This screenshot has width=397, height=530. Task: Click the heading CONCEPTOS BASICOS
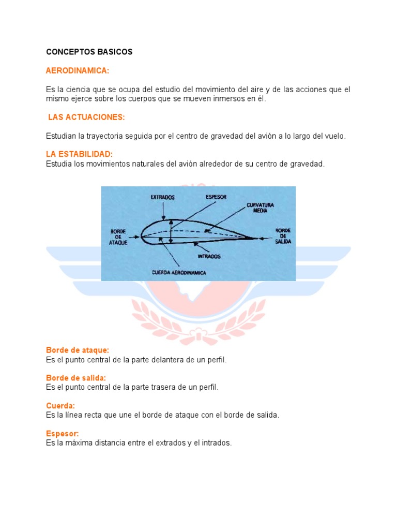(x=89, y=52)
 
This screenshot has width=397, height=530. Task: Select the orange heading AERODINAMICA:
(x=78, y=70)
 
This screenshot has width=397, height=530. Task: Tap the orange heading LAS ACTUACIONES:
(x=86, y=117)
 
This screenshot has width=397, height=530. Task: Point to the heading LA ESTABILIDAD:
(x=79, y=154)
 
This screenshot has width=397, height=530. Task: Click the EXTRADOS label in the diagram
(x=163, y=197)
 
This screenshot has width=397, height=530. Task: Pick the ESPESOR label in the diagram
(x=216, y=197)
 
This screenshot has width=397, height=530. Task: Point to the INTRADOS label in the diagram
(x=209, y=256)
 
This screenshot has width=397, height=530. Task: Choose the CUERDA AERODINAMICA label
(x=179, y=272)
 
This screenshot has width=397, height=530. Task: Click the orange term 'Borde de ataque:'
(x=78, y=350)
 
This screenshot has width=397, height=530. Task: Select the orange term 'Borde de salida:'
(x=75, y=378)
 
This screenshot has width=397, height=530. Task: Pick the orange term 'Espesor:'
(x=63, y=434)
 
